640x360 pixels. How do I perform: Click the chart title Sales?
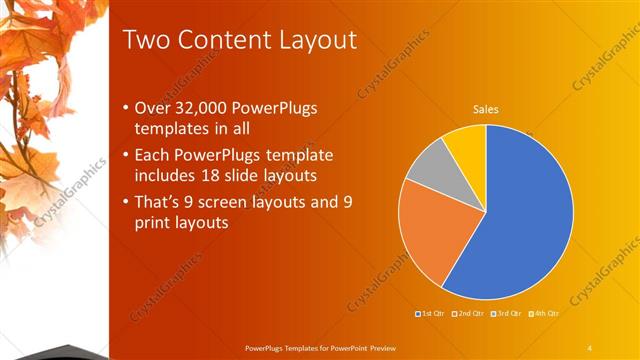coord(485,109)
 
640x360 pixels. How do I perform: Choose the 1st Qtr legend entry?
coord(432,314)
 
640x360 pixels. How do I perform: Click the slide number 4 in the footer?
coord(590,347)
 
